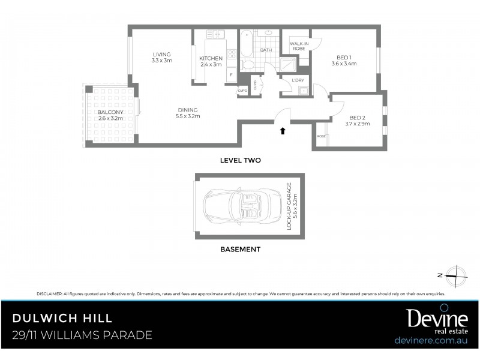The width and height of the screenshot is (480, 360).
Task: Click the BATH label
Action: (x=266, y=50)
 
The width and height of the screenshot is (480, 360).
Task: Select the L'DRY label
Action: (x=297, y=80)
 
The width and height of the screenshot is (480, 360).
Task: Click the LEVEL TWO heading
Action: (x=240, y=160)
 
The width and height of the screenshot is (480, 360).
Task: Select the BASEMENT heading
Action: (x=239, y=249)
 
